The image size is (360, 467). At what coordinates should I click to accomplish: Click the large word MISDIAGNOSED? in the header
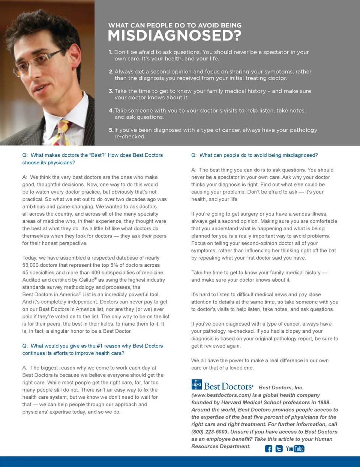click(174, 36)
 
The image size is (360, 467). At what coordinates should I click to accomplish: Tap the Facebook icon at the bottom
click(268, 449)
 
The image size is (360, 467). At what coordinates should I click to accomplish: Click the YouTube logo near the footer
click(295, 449)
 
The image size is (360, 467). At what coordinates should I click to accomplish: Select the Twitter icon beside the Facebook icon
click(279, 449)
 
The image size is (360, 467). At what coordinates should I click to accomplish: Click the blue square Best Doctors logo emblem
click(196, 385)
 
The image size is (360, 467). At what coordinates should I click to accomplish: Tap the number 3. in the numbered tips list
click(111, 91)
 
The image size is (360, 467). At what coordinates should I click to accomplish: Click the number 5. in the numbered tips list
click(111, 130)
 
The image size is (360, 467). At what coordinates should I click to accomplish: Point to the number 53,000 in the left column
click(30, 265)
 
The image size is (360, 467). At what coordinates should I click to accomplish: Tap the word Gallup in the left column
click(87, 280)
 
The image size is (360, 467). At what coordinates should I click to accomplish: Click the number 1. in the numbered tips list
click(111, 52)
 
